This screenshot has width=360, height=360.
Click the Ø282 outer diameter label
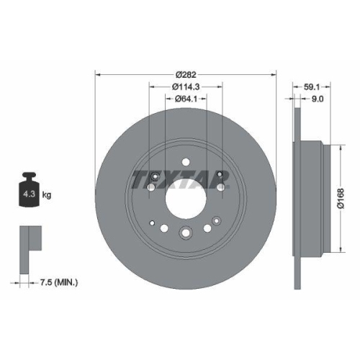click(x=186, y=73)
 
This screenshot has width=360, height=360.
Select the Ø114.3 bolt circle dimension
click(x=186, y=86)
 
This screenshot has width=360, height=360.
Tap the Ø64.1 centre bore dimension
click(x=186, y=100)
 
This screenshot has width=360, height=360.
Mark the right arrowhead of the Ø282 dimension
click(x=274, y=73)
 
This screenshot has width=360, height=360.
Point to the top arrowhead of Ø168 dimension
click(x=336, y=142)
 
